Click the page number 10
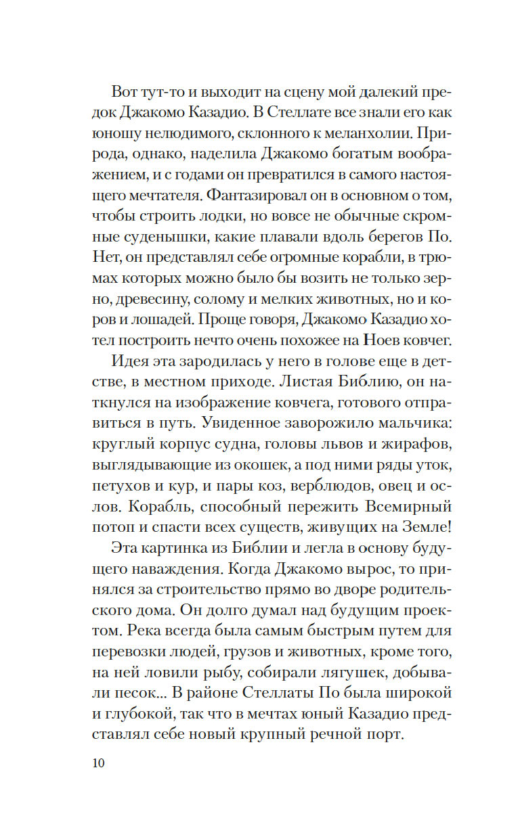[97, 764]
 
